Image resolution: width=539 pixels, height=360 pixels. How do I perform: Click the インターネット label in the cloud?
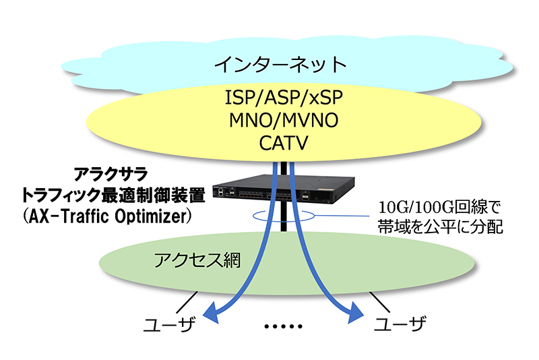(280, 65)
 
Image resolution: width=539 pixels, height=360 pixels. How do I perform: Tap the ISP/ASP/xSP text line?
(284, 97)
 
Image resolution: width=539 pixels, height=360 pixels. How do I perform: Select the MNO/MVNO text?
(284, 121)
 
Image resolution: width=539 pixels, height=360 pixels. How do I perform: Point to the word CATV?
(284, 143)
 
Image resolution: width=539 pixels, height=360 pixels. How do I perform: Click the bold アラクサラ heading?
(111, 174)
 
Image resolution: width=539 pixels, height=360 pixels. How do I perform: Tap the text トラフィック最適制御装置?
(113, 195)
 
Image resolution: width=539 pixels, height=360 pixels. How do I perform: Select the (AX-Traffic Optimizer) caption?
(107, 216)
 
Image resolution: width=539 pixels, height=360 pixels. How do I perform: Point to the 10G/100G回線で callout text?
(439, 208)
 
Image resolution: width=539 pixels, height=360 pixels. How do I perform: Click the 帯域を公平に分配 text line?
(441, 227)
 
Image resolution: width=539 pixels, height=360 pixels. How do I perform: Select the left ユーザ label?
(169, 324)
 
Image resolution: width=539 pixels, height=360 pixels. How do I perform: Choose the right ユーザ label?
(400, 324)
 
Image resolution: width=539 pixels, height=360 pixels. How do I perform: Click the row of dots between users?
(284, 326)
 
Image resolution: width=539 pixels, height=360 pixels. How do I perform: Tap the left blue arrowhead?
(211, 313)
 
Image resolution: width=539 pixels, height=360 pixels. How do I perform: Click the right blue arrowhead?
(355, 313)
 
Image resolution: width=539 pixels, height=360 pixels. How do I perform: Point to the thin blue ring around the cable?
(284, 220)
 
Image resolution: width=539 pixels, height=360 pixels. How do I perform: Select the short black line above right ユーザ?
(379, 302)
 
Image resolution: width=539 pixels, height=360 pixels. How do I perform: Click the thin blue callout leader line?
(342, 216)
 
